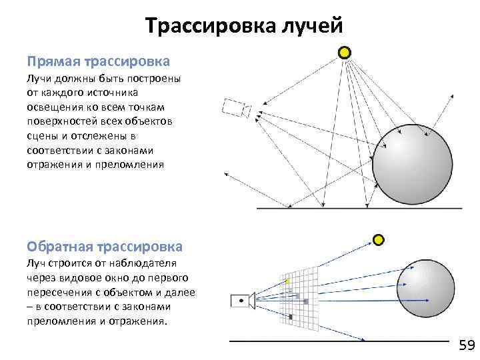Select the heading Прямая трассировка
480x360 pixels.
coord(98,62)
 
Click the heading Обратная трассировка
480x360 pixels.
coord(104,247)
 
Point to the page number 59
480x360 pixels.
coord(466,345)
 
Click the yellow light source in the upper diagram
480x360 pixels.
coord(344,52)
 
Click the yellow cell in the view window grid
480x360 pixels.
coord(288,281)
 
